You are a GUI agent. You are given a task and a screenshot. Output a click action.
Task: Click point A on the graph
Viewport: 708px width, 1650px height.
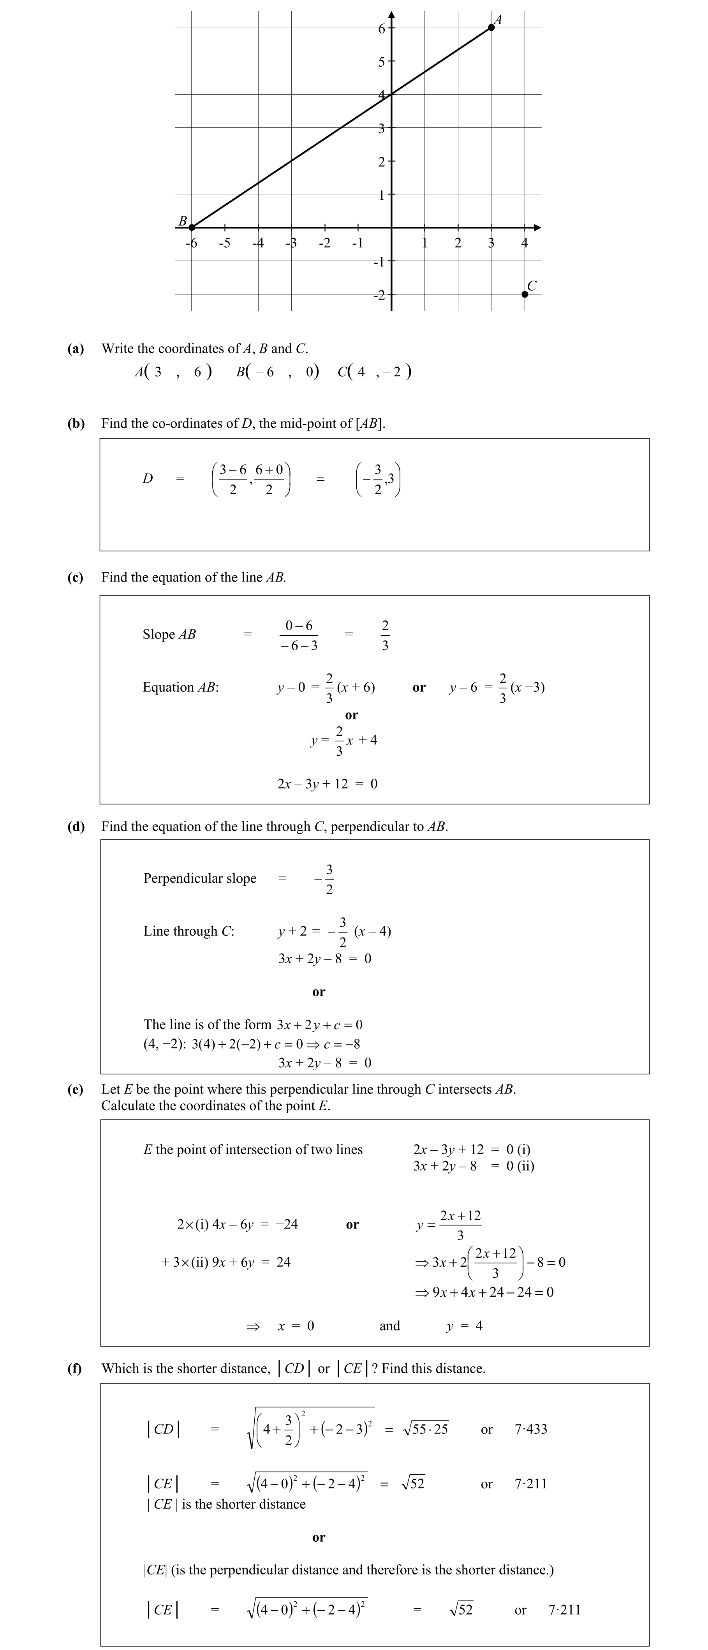491,28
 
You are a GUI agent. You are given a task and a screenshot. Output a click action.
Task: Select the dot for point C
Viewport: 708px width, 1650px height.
525,294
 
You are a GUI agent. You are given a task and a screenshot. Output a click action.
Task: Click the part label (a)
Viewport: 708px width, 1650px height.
76,349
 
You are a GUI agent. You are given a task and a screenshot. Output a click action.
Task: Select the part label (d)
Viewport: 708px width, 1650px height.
76,826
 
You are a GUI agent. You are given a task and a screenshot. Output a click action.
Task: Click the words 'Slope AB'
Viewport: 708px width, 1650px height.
169,634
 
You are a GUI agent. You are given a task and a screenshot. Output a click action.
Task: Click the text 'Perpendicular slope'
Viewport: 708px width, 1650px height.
200,878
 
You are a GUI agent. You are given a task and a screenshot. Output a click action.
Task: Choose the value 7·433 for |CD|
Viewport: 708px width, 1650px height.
531,1429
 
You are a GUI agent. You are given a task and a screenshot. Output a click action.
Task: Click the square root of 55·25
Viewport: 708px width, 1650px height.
426,1429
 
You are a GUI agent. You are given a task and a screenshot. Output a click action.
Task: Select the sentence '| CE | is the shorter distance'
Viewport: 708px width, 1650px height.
226,1504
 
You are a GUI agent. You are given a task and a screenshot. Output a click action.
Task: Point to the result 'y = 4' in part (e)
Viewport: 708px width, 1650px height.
465,1326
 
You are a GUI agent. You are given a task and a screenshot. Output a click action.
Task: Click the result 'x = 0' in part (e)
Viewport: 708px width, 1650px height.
296,1326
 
